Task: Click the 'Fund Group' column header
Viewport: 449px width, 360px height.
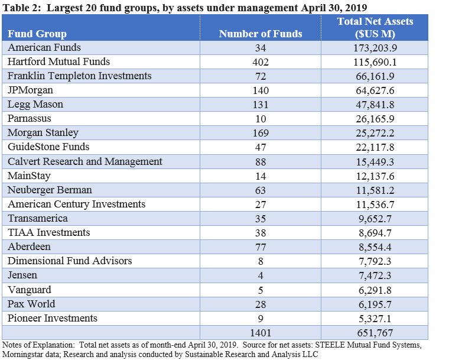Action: (37, 34)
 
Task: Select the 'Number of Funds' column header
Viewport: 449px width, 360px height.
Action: (260, 34)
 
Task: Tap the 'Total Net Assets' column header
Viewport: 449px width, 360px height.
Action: (375, 27)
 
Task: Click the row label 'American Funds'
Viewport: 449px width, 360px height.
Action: (44, 47)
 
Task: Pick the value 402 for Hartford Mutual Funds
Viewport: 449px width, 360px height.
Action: (260, 62)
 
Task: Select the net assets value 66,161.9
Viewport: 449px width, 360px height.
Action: (375, 76)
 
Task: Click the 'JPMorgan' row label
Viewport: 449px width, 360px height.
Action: (30, 90)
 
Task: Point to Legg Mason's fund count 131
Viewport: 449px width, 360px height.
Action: (260, 105)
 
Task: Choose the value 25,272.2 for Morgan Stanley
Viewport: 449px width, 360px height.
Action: (375, 133)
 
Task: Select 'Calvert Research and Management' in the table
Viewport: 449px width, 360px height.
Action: (84, 161)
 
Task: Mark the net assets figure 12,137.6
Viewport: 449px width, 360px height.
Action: (375, 176)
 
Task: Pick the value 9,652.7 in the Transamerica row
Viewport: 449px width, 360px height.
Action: (375, 218)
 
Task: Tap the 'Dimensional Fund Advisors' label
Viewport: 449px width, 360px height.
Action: (70, 261)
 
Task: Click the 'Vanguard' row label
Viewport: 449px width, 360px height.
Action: (30, 289)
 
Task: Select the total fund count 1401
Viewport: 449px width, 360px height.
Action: (260, 332)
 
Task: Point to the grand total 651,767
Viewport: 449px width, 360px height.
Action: (375, 332)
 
